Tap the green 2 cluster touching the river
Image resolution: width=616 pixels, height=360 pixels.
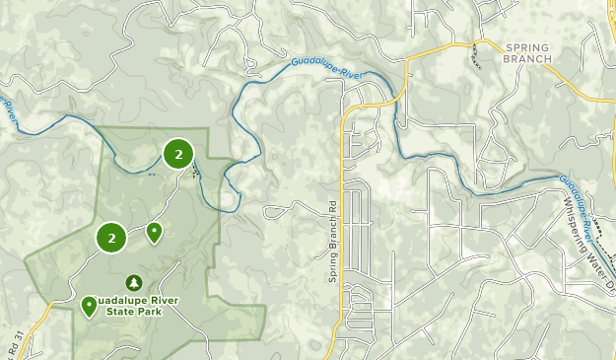click(178, 154)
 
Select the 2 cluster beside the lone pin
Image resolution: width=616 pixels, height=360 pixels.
click(111, 238)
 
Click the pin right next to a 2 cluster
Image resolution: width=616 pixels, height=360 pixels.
click(154, 233)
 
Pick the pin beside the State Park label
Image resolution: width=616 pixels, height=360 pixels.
click(89, 307)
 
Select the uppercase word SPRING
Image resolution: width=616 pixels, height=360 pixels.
click(528, 47)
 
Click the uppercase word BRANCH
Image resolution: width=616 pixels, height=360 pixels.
click(528, 59)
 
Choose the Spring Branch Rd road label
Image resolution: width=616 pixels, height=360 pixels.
click(333, 252)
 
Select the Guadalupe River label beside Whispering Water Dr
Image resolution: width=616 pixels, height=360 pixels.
click(582, 203)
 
